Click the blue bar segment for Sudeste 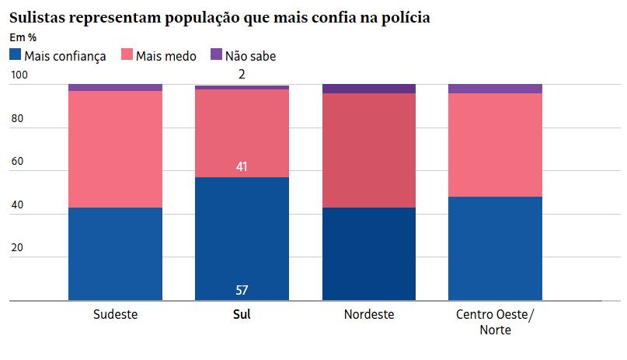(x=115, y=253)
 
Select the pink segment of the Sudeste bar (x=115, y=149)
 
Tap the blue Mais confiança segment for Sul (x=242, y=233)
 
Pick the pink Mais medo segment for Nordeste (x=369, y=150)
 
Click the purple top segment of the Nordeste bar (x=369, y=89)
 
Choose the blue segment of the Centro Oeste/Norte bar (x=495, y=248)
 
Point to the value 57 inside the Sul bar (x=242, y=291)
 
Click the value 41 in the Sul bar (x=242, y=166)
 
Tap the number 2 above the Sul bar (x=242, y=75)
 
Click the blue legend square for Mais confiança (x=15, y=55)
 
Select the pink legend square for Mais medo (x=127, y=55)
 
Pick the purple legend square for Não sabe (x=216, y=55)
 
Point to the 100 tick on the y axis (x=19, y=75)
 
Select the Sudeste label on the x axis (x=115, y=315)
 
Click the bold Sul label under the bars (x=242, y=315)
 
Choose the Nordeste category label (x=369, y=315)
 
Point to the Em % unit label (x=23, y=37)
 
